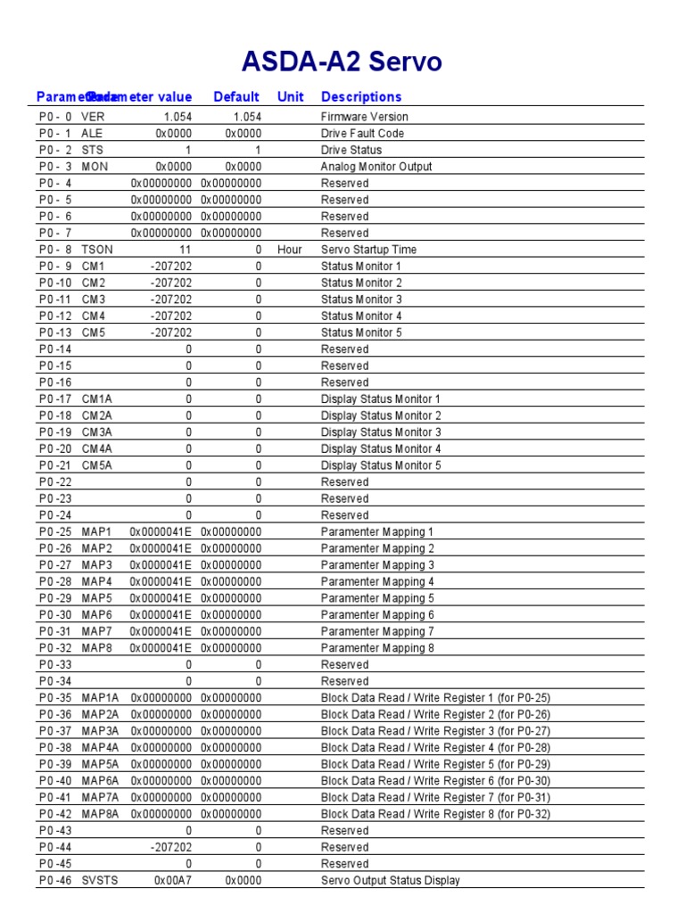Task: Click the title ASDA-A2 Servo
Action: coord(342,62)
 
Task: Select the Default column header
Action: coord(236,97)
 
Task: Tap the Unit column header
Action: coord(290,97)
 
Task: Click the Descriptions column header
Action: coord(361,97)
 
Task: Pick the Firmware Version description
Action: coord(365,117)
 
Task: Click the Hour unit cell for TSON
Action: coord(290,250)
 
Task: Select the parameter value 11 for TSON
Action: coord(185,250)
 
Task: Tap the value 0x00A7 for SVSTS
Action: coord(173,880)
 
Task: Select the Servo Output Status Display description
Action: coord(391,880)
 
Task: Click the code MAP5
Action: coord(97,598)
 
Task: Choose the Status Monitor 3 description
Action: coord(361,300)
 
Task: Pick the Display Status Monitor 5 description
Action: coord(381,465)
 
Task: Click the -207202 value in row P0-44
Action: coord(171,847)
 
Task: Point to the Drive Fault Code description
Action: coord(362,134)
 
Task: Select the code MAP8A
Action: coord(100,814)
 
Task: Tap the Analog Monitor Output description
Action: coord(376,167)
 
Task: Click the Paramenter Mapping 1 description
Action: coord(378,532)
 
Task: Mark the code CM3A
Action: coord(97,432)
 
